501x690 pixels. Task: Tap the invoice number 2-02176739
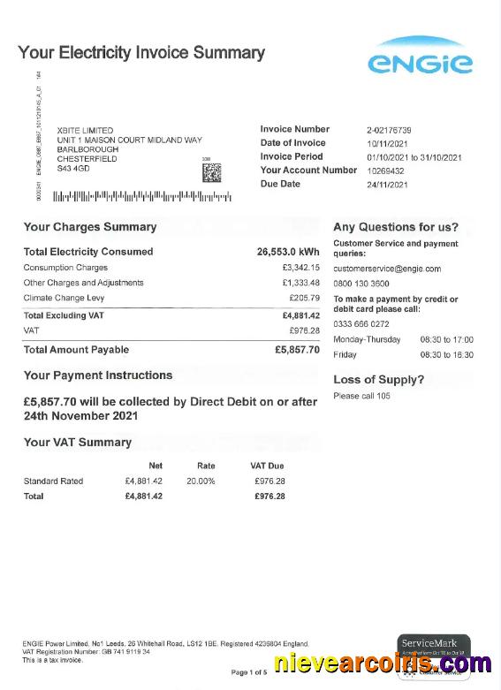[389, 130]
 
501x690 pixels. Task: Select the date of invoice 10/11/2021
[389, 143]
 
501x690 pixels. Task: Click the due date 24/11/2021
[388, 185]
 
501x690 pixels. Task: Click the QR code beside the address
[211, 172]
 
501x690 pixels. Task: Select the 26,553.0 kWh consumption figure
[288, 252]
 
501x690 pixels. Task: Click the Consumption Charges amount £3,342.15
[300, 268]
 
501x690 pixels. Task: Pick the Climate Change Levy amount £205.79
[304, 299]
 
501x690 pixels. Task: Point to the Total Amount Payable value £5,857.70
[297, 350]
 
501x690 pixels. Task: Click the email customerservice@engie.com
[386, 269]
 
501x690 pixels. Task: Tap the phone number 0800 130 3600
[361, 284]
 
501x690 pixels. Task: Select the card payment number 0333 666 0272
[361, 324]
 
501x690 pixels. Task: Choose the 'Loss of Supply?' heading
[378, 380]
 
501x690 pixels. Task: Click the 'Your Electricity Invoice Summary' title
[141, 53]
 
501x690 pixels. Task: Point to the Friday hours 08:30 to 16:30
[446, 355]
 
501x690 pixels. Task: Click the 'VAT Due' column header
[267, 466]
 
